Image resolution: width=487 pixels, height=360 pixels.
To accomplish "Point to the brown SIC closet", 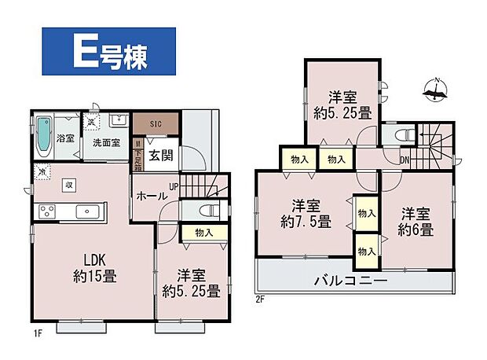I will pos(156,124).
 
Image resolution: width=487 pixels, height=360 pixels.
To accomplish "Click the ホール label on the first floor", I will pos(149,196).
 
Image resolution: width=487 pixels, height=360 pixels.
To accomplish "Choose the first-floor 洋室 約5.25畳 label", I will pos(191,284).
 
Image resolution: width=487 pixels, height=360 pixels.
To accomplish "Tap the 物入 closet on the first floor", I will pos(203,233).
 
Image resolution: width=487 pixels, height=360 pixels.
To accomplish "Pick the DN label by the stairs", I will pos(404,160).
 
